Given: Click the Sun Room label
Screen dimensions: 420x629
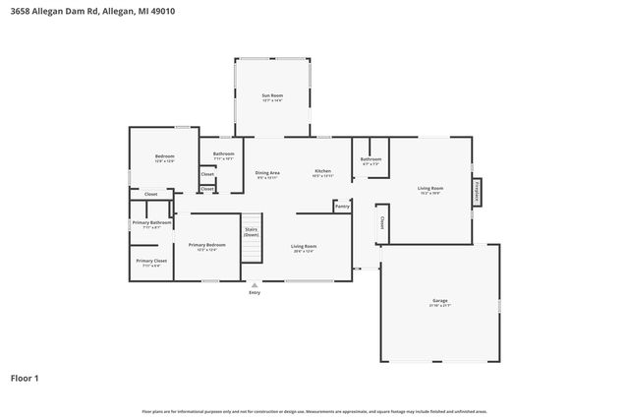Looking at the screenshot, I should (272, 95).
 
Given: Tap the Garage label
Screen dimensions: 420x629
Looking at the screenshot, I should (439, 301).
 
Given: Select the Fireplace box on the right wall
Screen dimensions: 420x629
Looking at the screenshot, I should (477, 191).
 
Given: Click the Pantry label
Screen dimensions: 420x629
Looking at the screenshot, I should (342, 207).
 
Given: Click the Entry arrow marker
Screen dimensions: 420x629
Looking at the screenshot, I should (255, 285).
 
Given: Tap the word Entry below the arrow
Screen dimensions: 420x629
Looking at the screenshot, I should (255, 293).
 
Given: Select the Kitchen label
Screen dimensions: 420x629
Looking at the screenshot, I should (322, 171).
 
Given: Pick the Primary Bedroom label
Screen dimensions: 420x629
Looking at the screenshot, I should (207, 245).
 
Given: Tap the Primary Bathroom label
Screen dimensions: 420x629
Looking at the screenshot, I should (152, 223).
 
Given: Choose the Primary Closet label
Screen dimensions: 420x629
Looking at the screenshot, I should (151, 261).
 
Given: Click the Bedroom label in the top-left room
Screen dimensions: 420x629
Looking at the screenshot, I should (164, 156).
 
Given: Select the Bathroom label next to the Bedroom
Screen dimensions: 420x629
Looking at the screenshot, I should (224, 153).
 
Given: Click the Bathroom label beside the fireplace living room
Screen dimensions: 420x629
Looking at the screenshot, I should (371, 159).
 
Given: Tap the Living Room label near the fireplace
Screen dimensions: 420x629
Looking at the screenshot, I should (430, 188).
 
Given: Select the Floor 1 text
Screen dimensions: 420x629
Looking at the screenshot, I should (26, 378).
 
